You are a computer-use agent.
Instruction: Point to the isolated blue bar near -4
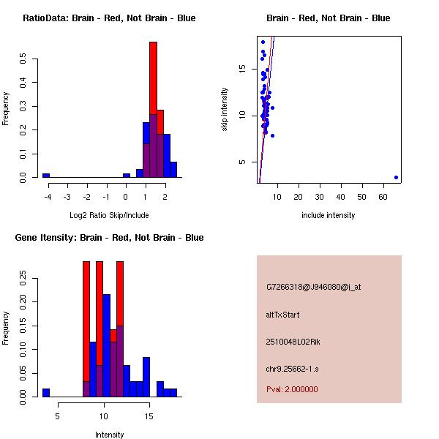pos(45,175)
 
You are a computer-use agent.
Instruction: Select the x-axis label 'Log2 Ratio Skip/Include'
pos(109,215)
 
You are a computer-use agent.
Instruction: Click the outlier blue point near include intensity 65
pos(396,177)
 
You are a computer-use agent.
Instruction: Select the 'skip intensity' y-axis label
pos(225,110)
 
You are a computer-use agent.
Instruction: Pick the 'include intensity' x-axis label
pos(329,215)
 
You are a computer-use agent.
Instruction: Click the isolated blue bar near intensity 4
pos(45,392)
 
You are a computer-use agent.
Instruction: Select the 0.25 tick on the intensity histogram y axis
pos(23,279)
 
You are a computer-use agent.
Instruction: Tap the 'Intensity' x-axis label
pos(109,435)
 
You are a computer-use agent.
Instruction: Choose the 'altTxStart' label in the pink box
pos(282,315)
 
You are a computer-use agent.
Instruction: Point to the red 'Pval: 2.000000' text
pos(292,389)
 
